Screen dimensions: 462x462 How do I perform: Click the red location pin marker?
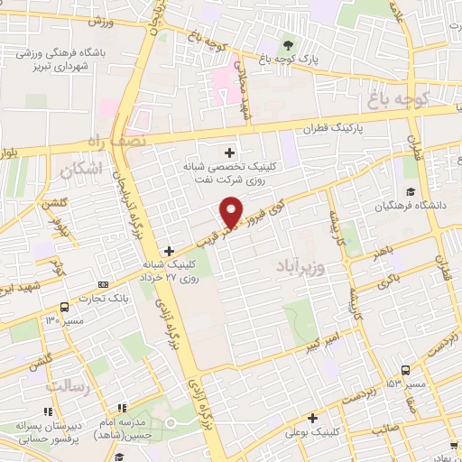point(232,209)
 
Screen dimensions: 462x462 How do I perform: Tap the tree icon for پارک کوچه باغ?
point(288,45)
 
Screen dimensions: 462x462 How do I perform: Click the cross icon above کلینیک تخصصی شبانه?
point(229,152)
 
